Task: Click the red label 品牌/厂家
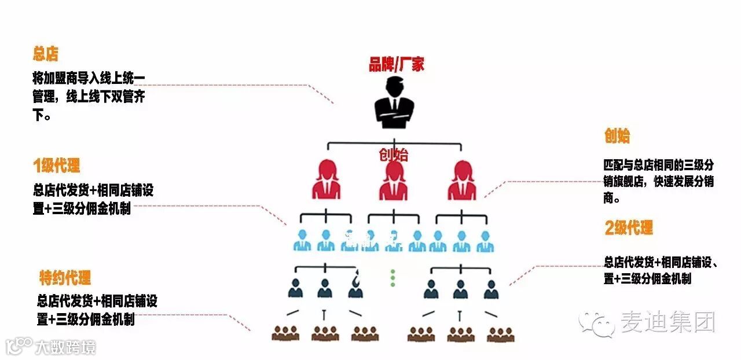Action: point(397,64)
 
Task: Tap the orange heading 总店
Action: point(46,55)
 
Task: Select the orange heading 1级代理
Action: point(56,166)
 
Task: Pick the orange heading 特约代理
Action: point(65,278)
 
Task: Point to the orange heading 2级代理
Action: point(629,228)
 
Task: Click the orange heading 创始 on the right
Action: point(617,137)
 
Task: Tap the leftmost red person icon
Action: point(326,180)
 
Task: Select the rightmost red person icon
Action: point(463,180)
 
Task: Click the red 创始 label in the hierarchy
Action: point(394,155)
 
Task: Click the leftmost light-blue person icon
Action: point(302,241)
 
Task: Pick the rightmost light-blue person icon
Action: point(485,241)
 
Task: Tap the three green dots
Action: point(392,277)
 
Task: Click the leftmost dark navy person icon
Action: point(296,288)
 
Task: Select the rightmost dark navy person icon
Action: point(491,288)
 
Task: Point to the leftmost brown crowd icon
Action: point(285,333)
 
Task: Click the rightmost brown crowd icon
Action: point(500,333)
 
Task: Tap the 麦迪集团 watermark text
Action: point(668,322)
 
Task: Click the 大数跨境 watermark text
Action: point(65,347)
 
